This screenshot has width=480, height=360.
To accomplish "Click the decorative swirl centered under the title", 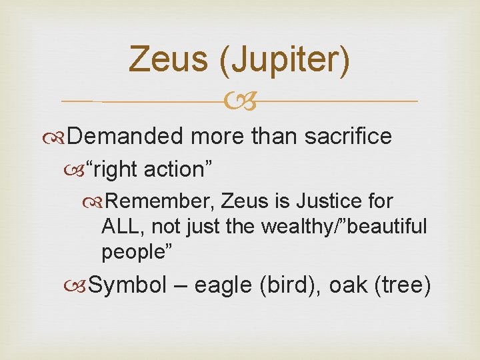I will [239, 102].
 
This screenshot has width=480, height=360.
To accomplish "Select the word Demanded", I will [125, 136].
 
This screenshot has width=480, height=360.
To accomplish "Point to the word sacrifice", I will [348, 136].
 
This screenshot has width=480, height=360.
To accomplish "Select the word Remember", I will [159, 201].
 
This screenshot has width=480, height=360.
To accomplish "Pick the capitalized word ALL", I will [122, 227].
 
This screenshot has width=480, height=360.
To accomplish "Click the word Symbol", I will [127, 285].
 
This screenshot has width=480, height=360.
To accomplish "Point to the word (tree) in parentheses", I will [403, 285].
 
